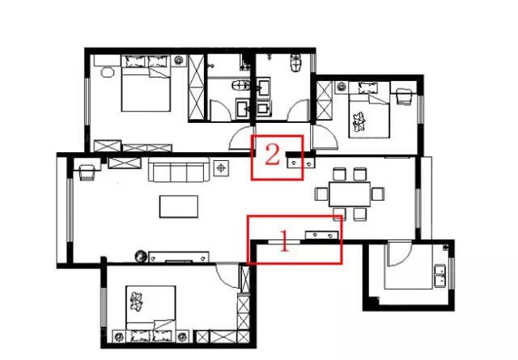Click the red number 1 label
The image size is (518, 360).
coord(285,241)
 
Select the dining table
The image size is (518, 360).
coord(350,194)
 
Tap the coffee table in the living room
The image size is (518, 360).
coord(179,206)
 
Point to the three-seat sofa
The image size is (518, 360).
coord(179,170)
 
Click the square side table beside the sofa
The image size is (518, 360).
coord(221,168)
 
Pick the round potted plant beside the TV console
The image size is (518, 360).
coord(141,256)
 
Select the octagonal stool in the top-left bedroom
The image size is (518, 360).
coord(108,72)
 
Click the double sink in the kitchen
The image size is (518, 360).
coord(440,276)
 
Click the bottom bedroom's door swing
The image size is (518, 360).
coord(228,276)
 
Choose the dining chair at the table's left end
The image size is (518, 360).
coord(321,194)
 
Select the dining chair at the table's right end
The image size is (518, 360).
coord(378,194)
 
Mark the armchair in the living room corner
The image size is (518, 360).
coord(87,172)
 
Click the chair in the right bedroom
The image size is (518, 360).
coord(405,97)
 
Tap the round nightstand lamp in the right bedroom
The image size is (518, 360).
coord(341,87)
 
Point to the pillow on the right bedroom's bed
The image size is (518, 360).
coord(367,87)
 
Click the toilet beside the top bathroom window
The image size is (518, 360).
coord(296,63)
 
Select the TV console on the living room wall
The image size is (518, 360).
coord(179,257)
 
